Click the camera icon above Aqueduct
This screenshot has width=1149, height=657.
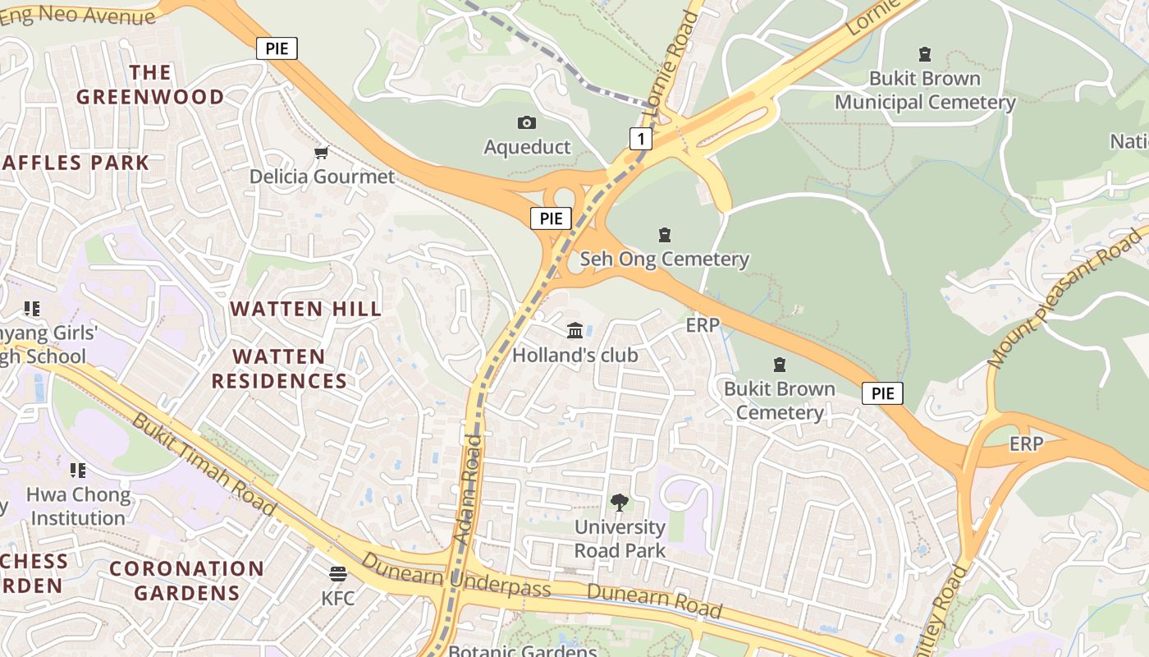pyautogui.click(x=527, y=123)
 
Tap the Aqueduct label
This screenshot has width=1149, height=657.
pyautogui.click(x=527, y=147)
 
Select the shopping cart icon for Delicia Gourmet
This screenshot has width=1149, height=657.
pyautogui.click(x=322, y=153)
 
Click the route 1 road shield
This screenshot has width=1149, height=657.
pyautogui.click(x=641, y=139)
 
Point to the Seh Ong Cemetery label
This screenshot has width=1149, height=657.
pyautogui.click(x=664, y=260)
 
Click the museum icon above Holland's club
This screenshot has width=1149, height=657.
pyautogui.click(x=575, y=331)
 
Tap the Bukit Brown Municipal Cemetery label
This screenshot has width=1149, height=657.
pyautogui.click(x=925, y=90)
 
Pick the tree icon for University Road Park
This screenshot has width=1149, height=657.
pyautogui.click(x=620, y=503)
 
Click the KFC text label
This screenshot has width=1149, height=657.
pyautogui.click(x=337, y=598)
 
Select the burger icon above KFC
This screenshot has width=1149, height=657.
pyautogui.click(x=337, y=573)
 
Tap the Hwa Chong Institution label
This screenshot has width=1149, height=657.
pyautogui.click(x=78, y=506)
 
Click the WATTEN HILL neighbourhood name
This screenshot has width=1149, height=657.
pyautogui.click(x=305, y=310)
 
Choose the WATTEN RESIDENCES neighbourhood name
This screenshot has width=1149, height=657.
pyautogui.click(x=280, y=369)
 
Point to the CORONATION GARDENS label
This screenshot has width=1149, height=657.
pyautogui.click(x=186, y=580)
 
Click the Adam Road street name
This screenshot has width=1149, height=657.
pyautogui.click(x=467, y=488)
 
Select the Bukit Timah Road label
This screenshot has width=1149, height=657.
pyautogui.click(x=203, y=465)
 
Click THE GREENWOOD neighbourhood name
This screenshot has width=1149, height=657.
pyautogui.click(x=150, y=85)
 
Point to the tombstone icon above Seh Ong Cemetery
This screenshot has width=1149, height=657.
pyautogui.click(x=664, y=236)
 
